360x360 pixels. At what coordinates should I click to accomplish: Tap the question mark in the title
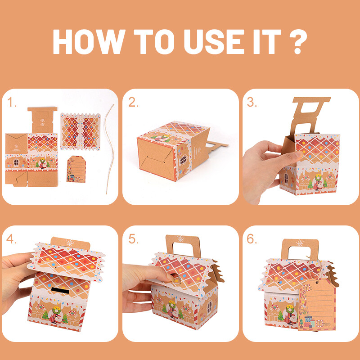[x=298, y=41]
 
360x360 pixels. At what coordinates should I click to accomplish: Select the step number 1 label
[x=12, y=102]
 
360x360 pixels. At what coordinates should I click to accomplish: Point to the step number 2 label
[x=133, y=102]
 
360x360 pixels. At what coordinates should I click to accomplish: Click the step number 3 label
[x=252, y=102]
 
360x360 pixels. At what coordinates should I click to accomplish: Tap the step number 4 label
[x=12, y=239]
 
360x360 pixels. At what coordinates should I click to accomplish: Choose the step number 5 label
[x=133, y=239]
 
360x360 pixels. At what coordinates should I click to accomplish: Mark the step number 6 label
[x=252, y=239]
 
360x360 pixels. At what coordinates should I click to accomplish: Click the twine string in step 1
[x=110, y=149]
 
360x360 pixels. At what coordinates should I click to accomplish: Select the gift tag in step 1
[x=76, y=169]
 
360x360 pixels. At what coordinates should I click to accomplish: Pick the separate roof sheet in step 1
[x=81, y=131]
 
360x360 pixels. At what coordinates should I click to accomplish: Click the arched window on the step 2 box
[x=183, y=160]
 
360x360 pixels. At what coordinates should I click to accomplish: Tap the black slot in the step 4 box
[x=60, y=290]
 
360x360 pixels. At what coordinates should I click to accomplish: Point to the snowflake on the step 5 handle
[x=180, y=239]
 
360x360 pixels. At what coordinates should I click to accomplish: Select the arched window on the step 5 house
[x=209, y=307]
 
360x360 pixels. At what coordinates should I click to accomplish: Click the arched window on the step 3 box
[x=286, y=178]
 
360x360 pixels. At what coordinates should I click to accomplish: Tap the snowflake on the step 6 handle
[x=300, y=243]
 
